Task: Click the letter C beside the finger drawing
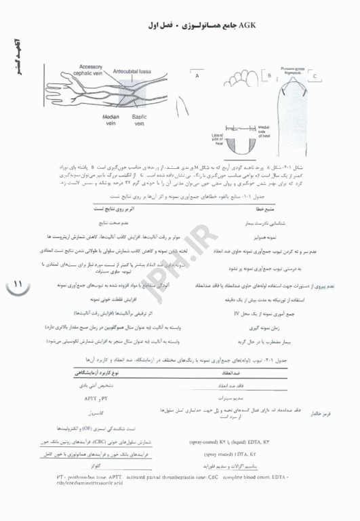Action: (315, 75)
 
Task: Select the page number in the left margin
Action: (17, 283)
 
